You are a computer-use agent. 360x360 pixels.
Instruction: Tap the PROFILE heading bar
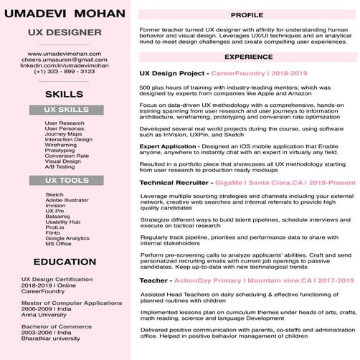(247, 14)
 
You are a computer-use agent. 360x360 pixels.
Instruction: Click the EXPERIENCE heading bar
(247, 57)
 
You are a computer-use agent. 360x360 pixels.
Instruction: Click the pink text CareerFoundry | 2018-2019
(259, 74)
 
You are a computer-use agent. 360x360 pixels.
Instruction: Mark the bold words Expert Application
(168, 146)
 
